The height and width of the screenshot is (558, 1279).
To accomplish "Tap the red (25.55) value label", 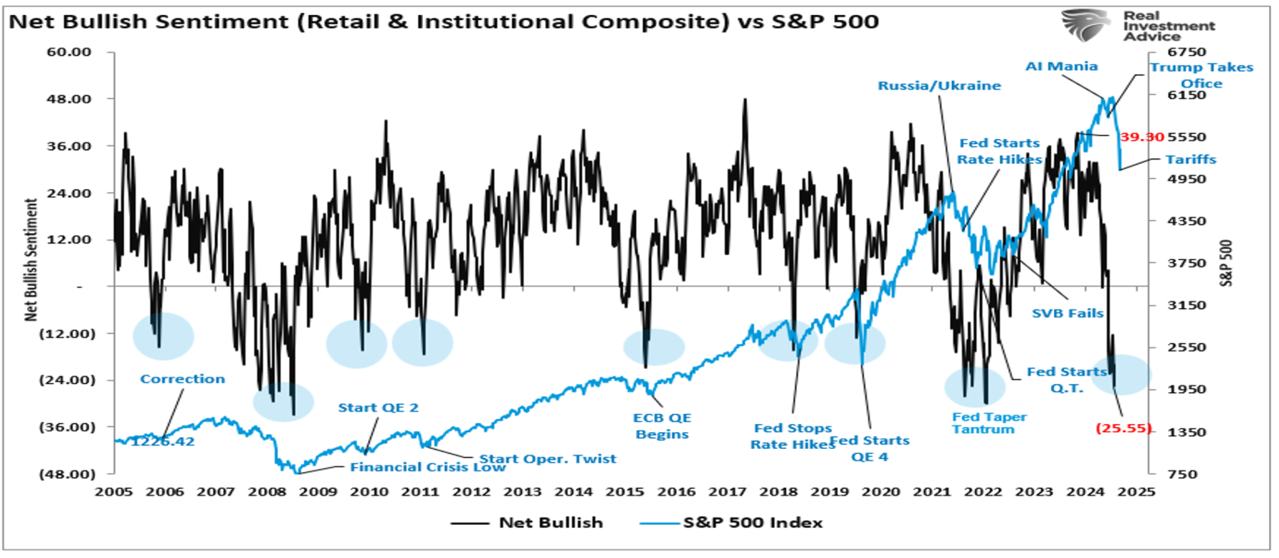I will [x=1123, y=428].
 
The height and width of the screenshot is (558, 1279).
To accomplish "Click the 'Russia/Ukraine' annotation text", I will [x=939, y=85].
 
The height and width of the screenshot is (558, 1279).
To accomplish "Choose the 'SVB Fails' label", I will [x=1068, y=313].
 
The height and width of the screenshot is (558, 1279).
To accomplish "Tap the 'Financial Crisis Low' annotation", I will [x=427, y=467].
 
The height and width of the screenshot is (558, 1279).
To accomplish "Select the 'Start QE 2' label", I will [x=377, y=408].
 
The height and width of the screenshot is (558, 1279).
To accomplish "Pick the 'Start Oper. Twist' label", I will [x=546, y=459].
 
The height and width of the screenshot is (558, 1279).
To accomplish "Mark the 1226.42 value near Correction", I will [x=162, y=441].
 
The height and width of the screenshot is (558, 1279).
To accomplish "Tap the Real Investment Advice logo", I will [x=1137, y=26].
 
